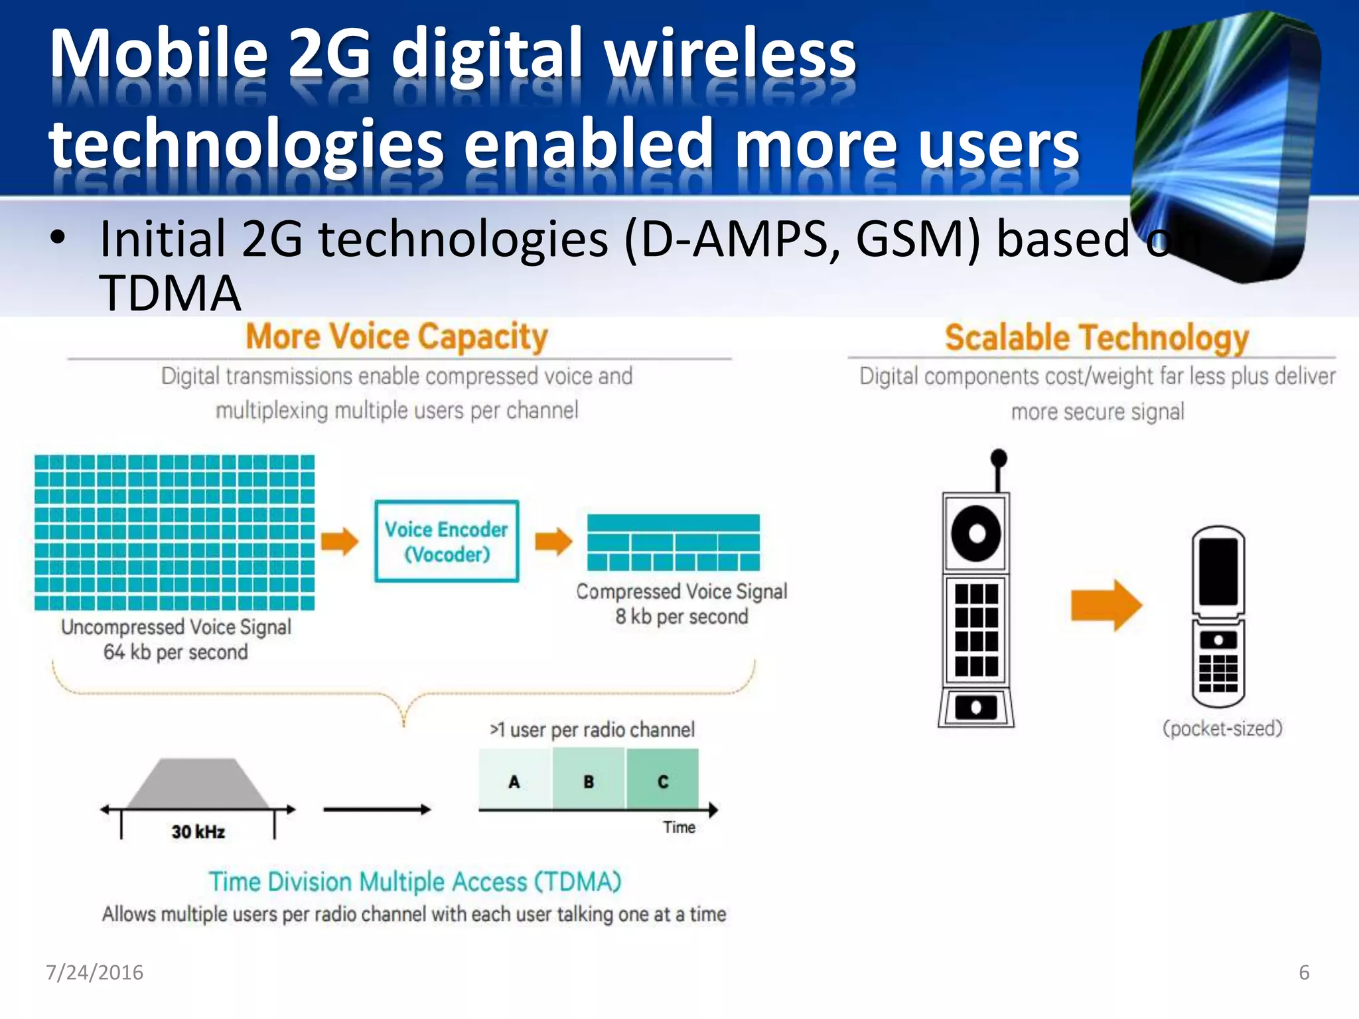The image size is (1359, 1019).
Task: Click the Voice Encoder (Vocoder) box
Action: tap(447, 541)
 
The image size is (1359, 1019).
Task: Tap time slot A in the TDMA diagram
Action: tap(514, 780)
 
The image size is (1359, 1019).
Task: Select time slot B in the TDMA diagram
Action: tap(589, 780)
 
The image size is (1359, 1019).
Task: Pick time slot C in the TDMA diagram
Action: tap(662, 780)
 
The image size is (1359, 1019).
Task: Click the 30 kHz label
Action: tap(198, 832)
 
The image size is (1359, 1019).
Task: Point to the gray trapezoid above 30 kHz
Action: tap(198, 784)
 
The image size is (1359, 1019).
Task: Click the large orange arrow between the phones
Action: tap(1106, 605)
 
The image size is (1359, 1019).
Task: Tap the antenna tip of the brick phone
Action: tap(998, 458)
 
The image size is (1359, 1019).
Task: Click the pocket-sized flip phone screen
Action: tap(1218, 571)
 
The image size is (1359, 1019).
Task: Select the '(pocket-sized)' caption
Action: tap(1222, 728)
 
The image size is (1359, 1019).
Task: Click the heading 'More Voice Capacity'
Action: tap(397, 336)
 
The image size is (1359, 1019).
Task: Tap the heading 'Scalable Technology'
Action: tap(1096, 338)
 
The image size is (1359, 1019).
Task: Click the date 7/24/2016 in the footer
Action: tap(94, 973)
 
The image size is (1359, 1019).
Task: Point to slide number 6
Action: tap(1304, 973)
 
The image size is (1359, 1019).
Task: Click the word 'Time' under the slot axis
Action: tap(679, 827)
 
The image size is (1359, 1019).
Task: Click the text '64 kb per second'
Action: tap(175, 652)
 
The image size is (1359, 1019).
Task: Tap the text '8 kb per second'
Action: tap(681, 616)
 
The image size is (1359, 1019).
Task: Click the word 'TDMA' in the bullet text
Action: tap(170, 293)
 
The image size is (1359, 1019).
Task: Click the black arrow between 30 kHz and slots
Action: tap(377, 809)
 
